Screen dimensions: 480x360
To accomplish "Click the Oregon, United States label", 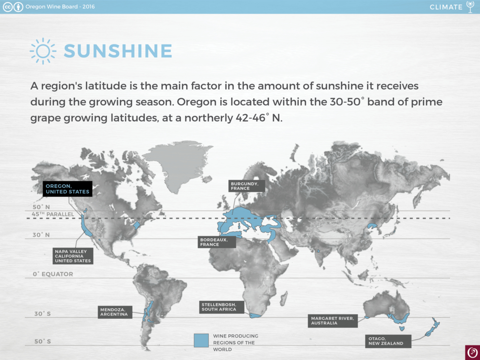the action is tap(67, 189).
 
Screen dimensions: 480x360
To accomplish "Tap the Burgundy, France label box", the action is tap(247, 186).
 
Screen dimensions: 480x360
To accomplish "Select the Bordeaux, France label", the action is tap(217, 242).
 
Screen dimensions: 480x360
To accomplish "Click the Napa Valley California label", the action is tap(73, 256).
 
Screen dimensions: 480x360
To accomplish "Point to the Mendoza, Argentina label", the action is tap(115, 312).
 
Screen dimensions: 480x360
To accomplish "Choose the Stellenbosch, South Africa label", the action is tap(222, 307).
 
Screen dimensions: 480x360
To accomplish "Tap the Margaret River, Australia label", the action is tap(333, 321).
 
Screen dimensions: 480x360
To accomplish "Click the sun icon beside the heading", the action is tap(43, 51).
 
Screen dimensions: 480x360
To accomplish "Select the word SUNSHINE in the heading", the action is tap(118, 51).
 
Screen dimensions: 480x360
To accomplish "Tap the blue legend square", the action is tap(201, 340).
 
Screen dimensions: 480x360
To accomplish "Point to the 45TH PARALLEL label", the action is tap(53, 214).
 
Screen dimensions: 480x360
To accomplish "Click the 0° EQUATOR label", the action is tap(53, 274).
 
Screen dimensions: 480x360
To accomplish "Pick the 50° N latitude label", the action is tap(41, 207).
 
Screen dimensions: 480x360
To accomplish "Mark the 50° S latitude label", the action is tap(43, 341).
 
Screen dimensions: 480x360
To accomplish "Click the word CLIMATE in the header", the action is tap(446, 7).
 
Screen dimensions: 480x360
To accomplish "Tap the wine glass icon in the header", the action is tap(470, 7).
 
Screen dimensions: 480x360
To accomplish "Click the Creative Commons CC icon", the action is tap(7, 7).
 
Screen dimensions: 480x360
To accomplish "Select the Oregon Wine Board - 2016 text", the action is tap(60, 7).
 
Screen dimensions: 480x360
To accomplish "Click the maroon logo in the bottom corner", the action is tap(472, 352).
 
